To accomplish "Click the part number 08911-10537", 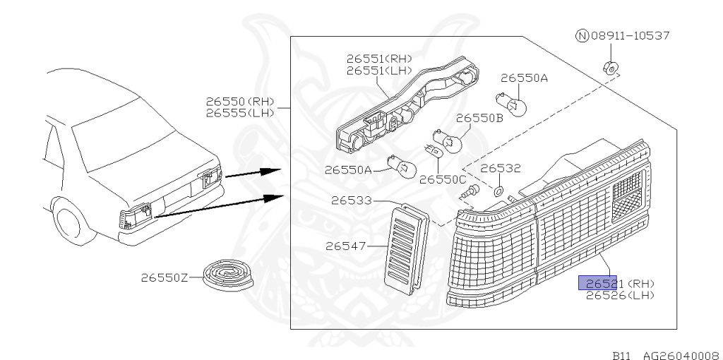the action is point(630,35).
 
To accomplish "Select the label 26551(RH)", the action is point(378,59).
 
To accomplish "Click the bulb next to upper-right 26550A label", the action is point(515,106).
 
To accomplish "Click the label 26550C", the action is point(443,179).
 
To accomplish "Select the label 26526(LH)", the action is point(619,295).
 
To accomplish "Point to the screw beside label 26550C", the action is point(473,190).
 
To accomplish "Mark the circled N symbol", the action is point(582,35).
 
